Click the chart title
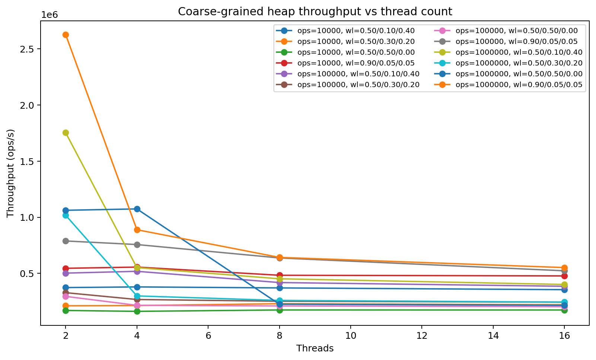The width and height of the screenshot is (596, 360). pyautogui.click(x=315, y=12)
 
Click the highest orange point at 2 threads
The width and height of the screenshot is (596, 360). pyautogui.click(x=66, y=35)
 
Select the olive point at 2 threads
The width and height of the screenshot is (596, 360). pyautogui.click(x=66, y=133)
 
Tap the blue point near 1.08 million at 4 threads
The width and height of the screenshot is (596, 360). pyautogui.click(x=137, y=209)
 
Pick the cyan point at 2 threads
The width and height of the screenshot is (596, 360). pyautogui.click(x=66, y=215)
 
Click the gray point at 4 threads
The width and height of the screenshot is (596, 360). pyautogui.click(x=137, y=245)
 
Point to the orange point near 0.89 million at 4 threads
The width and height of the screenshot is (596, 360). pyautogui.click(x=137, y=230)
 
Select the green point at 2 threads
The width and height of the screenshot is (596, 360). pyautogui.click(x=66, y=310)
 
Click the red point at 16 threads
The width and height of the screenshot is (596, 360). pyautogui.click(x=564, y=276)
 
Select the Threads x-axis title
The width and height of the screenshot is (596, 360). pyautogui.click(x=315, y=348)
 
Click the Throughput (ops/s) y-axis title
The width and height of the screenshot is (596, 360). pyautogui.click(x=10, y=173)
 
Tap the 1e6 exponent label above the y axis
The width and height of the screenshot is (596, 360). pyautogui.click(x=50, y=15)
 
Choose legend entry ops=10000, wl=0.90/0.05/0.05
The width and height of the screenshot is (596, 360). pyautogui.click(x=356, y=63)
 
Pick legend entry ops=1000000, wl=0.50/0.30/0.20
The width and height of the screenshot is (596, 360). pyautogui.click(x=519, y=63)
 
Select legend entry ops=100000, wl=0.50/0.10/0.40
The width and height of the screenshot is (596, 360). pyautogui.click(x=358, y=74)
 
